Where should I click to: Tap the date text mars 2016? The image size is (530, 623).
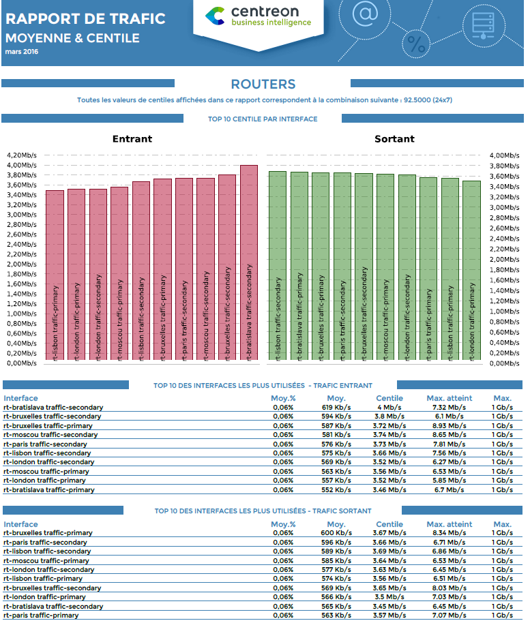click(x=22, y=51)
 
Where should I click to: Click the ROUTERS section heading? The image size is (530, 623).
click(x=263, y=85)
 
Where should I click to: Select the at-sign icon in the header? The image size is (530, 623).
click(x=366, y=14)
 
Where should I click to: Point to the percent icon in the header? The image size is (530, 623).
click(x=415, y=44)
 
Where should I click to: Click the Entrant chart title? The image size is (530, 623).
click(x=132, y=139)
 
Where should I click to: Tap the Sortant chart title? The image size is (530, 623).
click(x=394, y=139)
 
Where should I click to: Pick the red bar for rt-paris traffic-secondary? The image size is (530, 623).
click(x=183, y=269)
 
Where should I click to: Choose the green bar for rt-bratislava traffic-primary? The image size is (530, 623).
click(x=299, y=266)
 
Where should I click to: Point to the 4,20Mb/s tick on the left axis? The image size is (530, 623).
click(x=21, y=155)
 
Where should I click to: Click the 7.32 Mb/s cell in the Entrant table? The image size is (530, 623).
click(x=449, y=407)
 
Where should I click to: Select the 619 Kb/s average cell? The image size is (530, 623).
click(x=336, y=407)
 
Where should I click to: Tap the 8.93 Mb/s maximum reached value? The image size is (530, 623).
click(x=449, y=425)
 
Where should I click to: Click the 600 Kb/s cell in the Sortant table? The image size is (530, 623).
click(x=336, y=533)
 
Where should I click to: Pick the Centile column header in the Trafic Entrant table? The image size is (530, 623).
click(x=389, y=398)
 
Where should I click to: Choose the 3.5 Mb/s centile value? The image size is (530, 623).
click(x=389, y=597)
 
